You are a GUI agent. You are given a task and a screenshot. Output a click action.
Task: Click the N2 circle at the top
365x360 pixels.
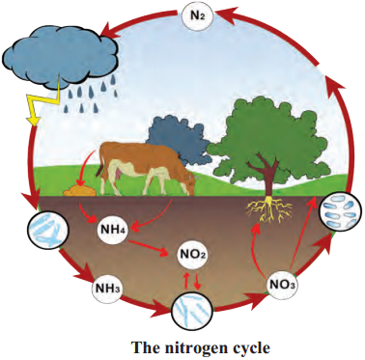(197, 15)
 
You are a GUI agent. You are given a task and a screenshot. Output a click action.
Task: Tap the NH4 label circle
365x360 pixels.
(113, 230)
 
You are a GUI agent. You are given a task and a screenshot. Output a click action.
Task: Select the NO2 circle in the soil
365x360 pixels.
(192, 256)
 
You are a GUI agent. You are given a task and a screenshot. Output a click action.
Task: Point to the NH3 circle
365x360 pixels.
(107, 288)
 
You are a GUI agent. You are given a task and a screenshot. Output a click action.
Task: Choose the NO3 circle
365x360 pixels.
(282, 285)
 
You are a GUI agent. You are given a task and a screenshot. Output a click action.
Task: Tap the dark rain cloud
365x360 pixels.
(61, 55)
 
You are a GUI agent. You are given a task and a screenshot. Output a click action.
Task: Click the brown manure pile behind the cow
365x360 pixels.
(79, 190)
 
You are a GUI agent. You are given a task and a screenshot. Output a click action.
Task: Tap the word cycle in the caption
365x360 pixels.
(251, 349)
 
